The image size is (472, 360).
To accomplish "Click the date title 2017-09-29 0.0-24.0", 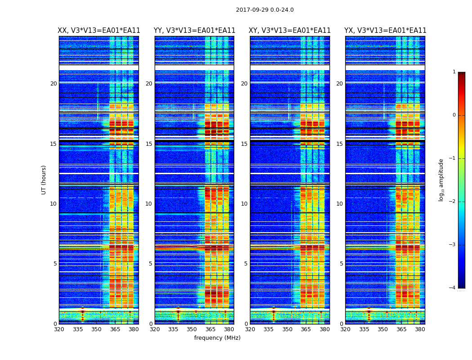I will coord(265,10).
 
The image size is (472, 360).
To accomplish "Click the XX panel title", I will coord(99,31).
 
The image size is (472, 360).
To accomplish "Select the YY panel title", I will coord(194,31).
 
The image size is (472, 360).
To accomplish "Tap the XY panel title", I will coord(290,31).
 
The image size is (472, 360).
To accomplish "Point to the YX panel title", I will coord(385,31).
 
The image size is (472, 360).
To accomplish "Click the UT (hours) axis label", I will coord(44,180).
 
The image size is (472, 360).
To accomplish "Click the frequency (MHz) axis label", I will coord(217,338).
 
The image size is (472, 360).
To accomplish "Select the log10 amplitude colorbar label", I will coord(441,180).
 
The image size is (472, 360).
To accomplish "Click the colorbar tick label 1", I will coord(454,72).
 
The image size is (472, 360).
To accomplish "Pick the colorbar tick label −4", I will coord(453,288).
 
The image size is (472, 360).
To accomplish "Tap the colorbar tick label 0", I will coord(454,115).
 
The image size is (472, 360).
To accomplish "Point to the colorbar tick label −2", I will coord(453,202).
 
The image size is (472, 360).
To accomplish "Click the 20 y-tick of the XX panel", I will coord(53,84).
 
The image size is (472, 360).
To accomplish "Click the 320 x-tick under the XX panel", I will coord(59,329).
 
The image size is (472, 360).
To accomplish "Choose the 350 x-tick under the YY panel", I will coord(192,329).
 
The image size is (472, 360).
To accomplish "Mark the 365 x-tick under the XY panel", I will coord(306,329).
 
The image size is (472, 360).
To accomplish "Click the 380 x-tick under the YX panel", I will coord(420,329).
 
